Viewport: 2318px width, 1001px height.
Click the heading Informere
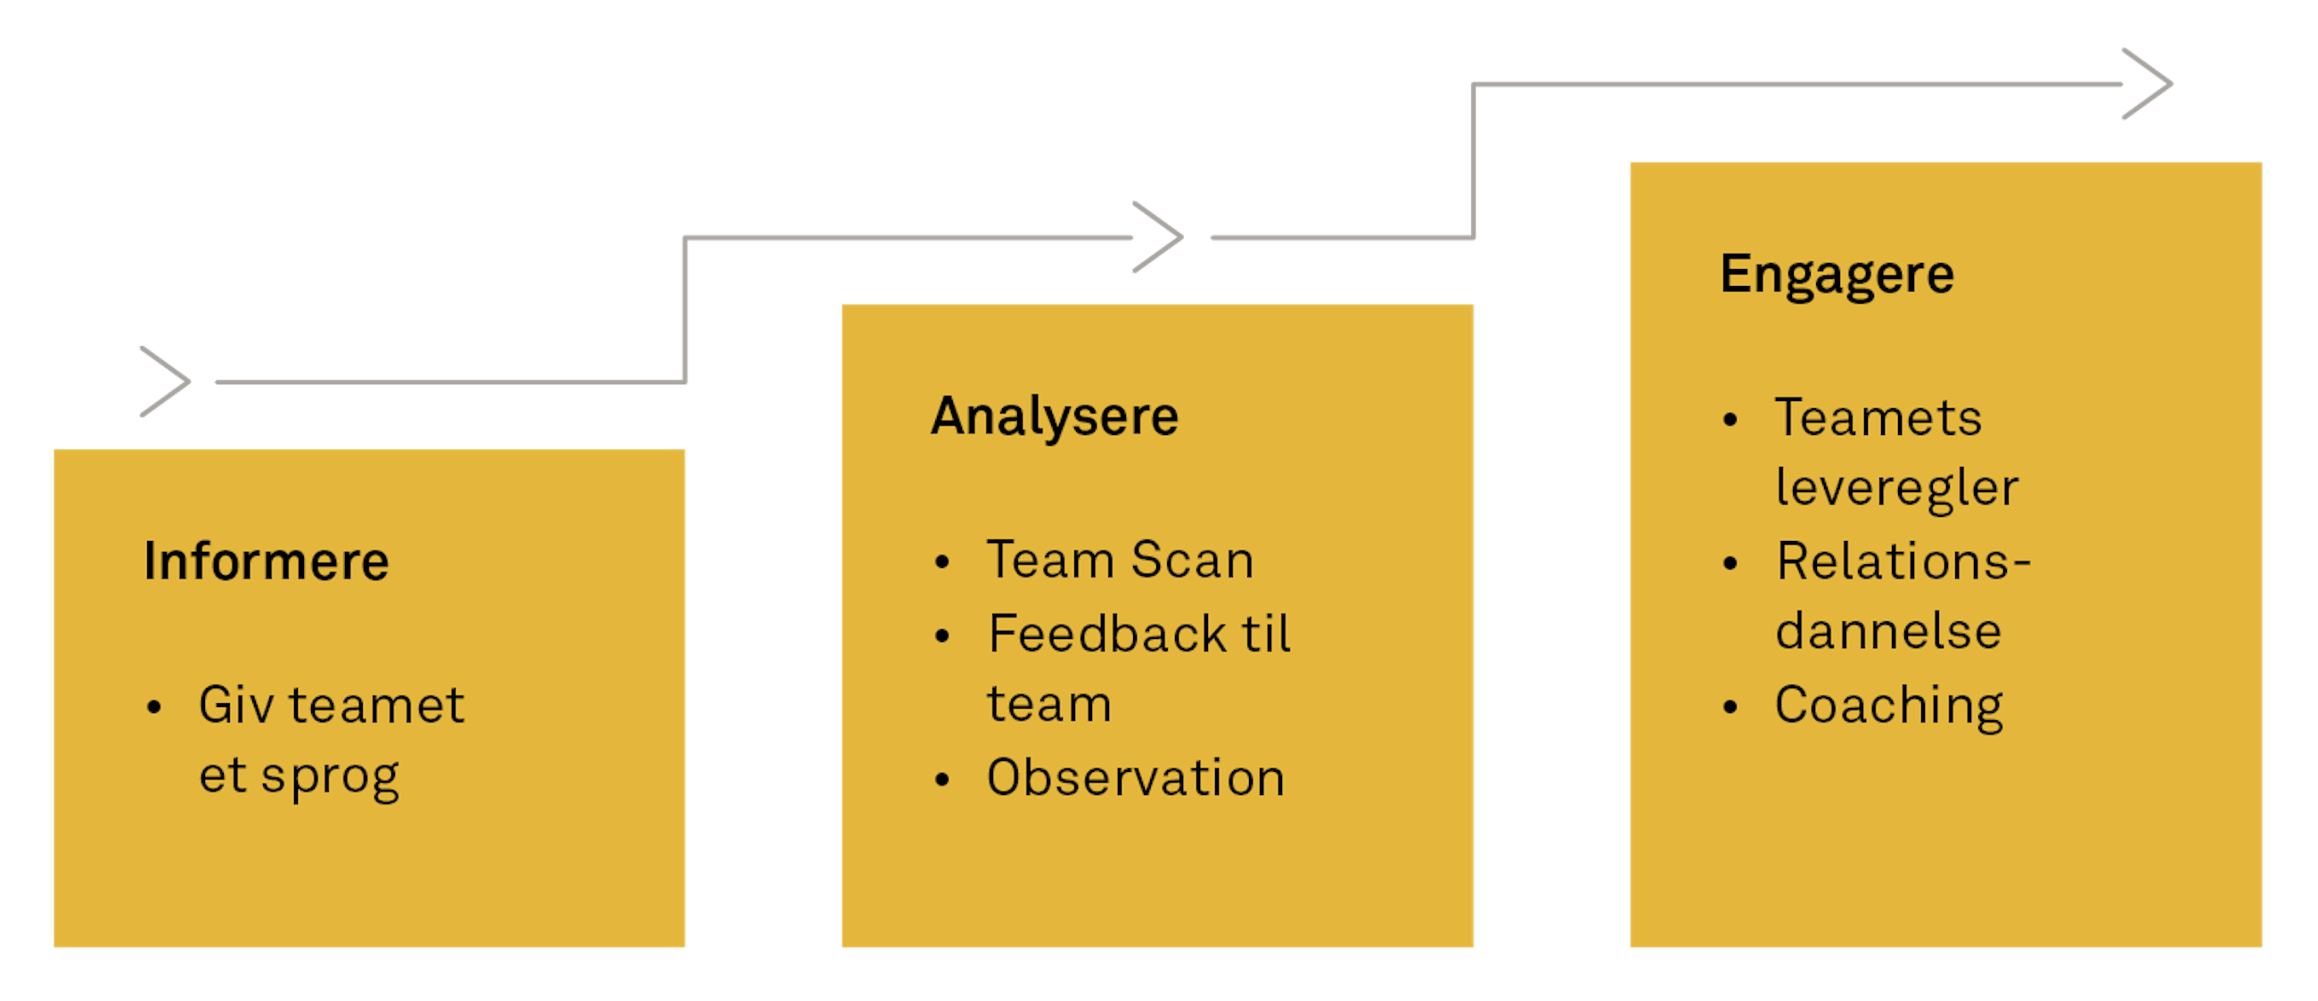[267, 562]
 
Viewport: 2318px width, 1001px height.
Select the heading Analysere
[1055, 416]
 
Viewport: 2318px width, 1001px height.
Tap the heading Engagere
[1837, 275]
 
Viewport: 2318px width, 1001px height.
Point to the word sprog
[330, 777]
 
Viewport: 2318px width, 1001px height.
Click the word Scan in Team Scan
[1192, 561]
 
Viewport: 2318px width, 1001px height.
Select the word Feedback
[1106, 634]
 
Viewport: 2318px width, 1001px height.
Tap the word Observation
[1136, 778]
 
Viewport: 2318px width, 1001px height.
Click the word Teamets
[1878, 418]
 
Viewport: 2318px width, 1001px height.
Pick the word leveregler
[1897, 488]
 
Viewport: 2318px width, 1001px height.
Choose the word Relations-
[1903, 562]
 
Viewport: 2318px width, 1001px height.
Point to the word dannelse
[1888, 631]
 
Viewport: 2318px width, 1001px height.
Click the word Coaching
[1889, 706]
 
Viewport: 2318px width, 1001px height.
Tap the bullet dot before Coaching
[1730, 708]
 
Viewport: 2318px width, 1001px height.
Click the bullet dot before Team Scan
[942, 563]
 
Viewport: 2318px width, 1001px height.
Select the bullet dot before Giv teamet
[154, 708]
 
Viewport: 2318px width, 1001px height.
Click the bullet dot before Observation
[942, 780]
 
